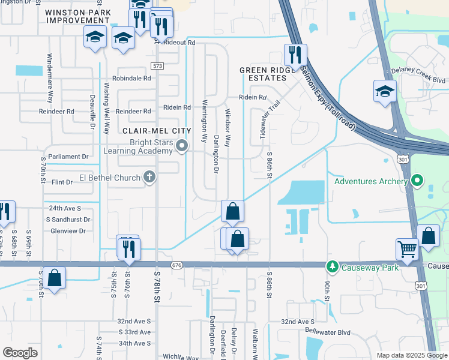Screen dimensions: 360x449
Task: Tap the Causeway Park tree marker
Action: (x=330, y=265)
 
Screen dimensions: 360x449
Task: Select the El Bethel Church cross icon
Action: (x=149, y=177)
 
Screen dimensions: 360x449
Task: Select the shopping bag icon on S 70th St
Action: (x=54, y=277)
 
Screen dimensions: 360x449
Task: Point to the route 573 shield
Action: (x=157, y=66)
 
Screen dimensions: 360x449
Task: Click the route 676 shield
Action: (x=176, y=265)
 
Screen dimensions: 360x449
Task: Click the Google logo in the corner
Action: (x=20, y=353)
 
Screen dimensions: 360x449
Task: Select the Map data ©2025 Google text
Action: (x=411, y=355)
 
